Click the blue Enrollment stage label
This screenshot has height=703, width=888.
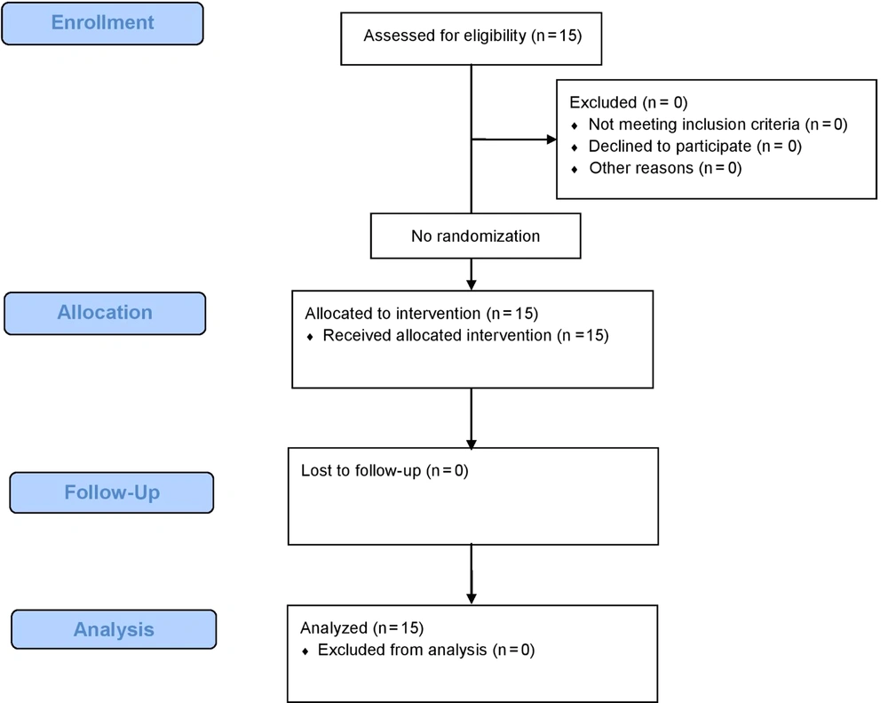click(x=102, y=23)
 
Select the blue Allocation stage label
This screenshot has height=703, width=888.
click(x=105, y=313)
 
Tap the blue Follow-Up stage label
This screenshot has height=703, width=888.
click(x=112, y=492)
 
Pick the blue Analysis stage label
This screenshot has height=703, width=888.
click(x=114, y=629)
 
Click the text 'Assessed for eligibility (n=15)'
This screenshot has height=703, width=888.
click(x=473, y=36)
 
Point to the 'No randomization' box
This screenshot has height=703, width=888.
click(x=476, y=236)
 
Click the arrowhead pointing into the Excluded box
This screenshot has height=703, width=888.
click(x=551, y=140)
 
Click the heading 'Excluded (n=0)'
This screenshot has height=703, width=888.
click(x=629, y=102)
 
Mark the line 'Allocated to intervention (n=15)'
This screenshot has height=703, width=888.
click(x=421, y=314)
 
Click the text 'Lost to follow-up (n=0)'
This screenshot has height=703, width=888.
click(x=385, y=470)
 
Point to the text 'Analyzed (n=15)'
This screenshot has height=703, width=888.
click(x=362, y=628)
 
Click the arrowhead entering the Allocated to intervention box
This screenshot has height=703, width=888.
click(x=472, y=285)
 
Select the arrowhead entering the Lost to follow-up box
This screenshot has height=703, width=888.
click(x=472, y=443)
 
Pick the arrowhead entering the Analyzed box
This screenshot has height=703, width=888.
click(x=472, y=599)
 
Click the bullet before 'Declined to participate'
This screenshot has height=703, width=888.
click(x=575, y=148)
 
